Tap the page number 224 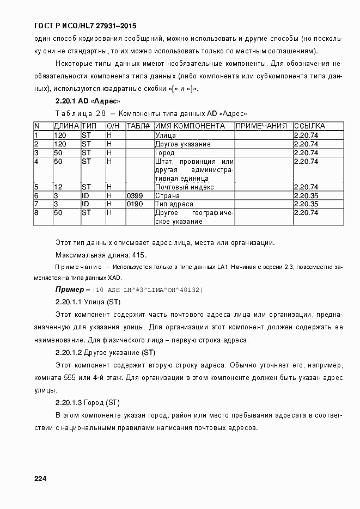40,479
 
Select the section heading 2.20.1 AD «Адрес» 88,101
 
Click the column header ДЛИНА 66,126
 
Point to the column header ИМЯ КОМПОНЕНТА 190,126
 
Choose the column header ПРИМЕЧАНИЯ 261,126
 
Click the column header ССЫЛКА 309,126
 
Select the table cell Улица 165,135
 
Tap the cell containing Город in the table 166,153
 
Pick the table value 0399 135,195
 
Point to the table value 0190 135,204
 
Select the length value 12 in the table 59,187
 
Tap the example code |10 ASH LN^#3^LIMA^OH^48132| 148,290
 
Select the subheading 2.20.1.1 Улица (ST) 88,302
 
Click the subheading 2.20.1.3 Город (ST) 88,403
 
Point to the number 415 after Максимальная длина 139,255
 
